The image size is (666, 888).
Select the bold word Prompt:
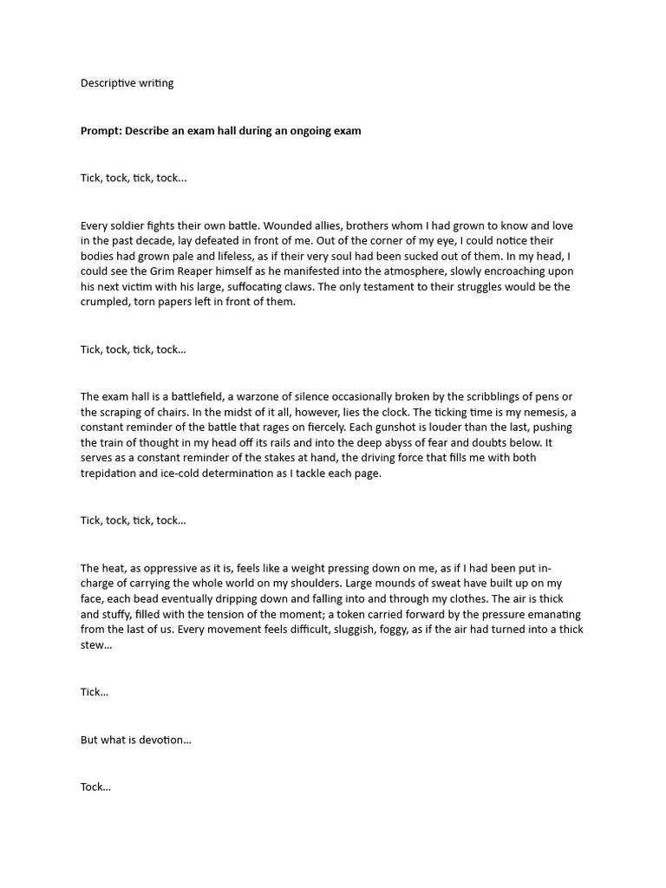tap(101, 131)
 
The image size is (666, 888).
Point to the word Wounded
tap(277, 225)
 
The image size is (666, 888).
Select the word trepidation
tap(114, 473)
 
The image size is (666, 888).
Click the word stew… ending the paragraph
tap(96, 645)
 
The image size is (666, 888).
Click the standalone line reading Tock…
tap(95, 787)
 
